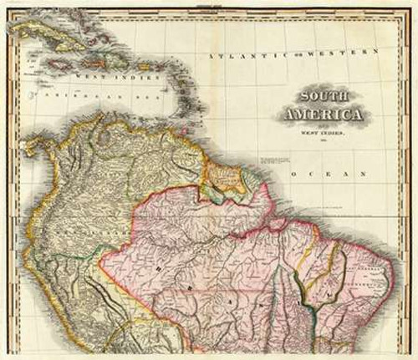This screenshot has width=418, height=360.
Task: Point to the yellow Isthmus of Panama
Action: click(29, 144)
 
